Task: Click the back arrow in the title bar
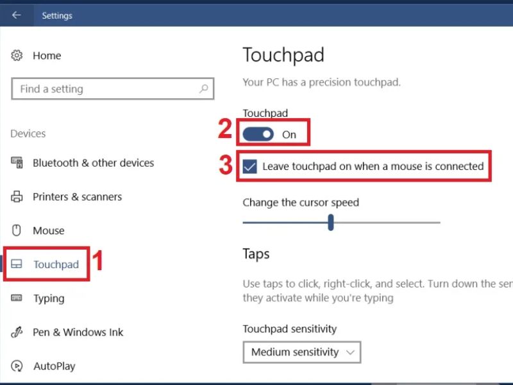pos(17,15)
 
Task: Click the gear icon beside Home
pos(17,55)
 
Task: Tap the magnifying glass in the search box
pos(204,89)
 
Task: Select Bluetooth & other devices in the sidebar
pos(93,163)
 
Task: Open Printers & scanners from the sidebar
pos(77,197)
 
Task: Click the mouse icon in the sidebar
pos(17,230)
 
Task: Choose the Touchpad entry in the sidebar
pos(56,264)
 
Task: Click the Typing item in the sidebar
pos(49,298)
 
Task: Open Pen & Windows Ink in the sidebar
pos(78,332)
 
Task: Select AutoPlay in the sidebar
pos(55,366)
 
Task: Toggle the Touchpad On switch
pos(258,134)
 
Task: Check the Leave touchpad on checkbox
pos(250,166)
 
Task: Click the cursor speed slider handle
pos(331,222)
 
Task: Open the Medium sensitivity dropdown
pos(301,352)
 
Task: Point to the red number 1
pos(97,261)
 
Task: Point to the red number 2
pos(225,129)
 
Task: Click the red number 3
pos(226,165)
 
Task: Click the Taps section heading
pos(256,254)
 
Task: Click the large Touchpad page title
pos(283,55)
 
